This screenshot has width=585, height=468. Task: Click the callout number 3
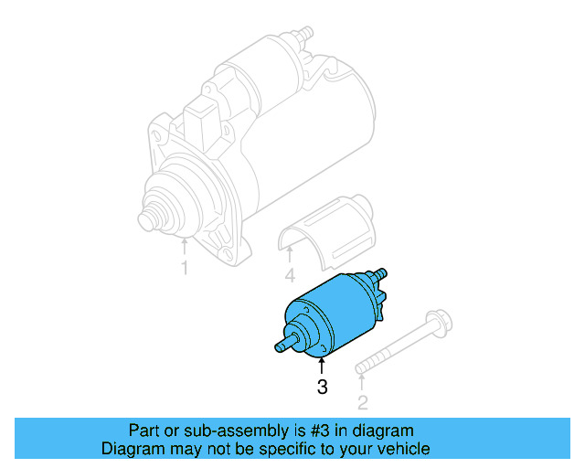322,388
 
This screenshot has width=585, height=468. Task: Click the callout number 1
184,268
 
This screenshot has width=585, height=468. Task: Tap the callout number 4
290,275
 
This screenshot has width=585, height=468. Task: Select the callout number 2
362,402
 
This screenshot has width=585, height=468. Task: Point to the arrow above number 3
322,367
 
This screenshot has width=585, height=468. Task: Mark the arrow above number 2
362,382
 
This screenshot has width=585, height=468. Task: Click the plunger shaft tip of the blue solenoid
278,346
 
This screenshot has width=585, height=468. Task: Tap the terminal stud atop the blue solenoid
380,273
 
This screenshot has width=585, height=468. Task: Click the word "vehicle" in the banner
402,449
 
